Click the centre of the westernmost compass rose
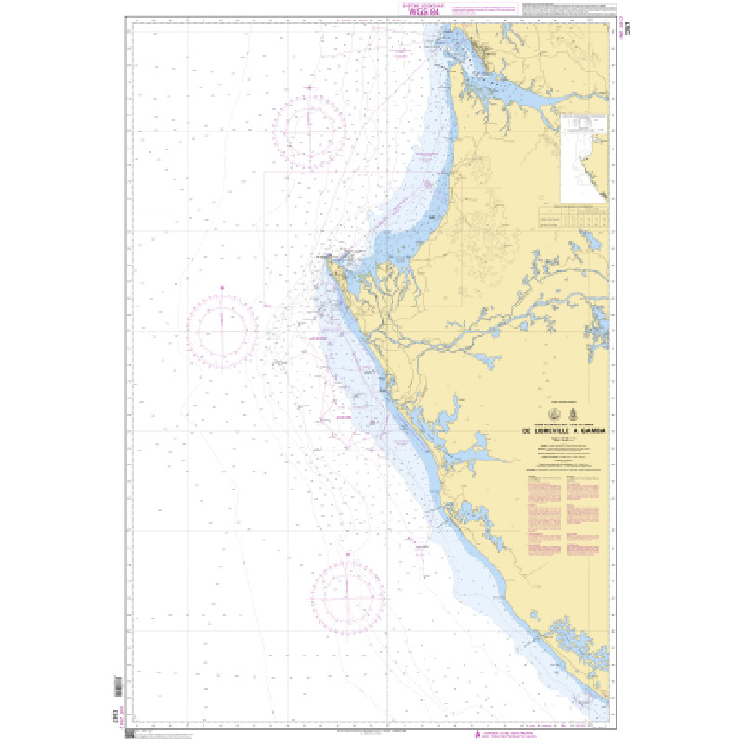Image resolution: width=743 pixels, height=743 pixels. coord(223,328)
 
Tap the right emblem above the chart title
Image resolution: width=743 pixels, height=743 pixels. coord(573,414)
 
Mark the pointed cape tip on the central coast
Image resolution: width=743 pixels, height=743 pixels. coord(324,263)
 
